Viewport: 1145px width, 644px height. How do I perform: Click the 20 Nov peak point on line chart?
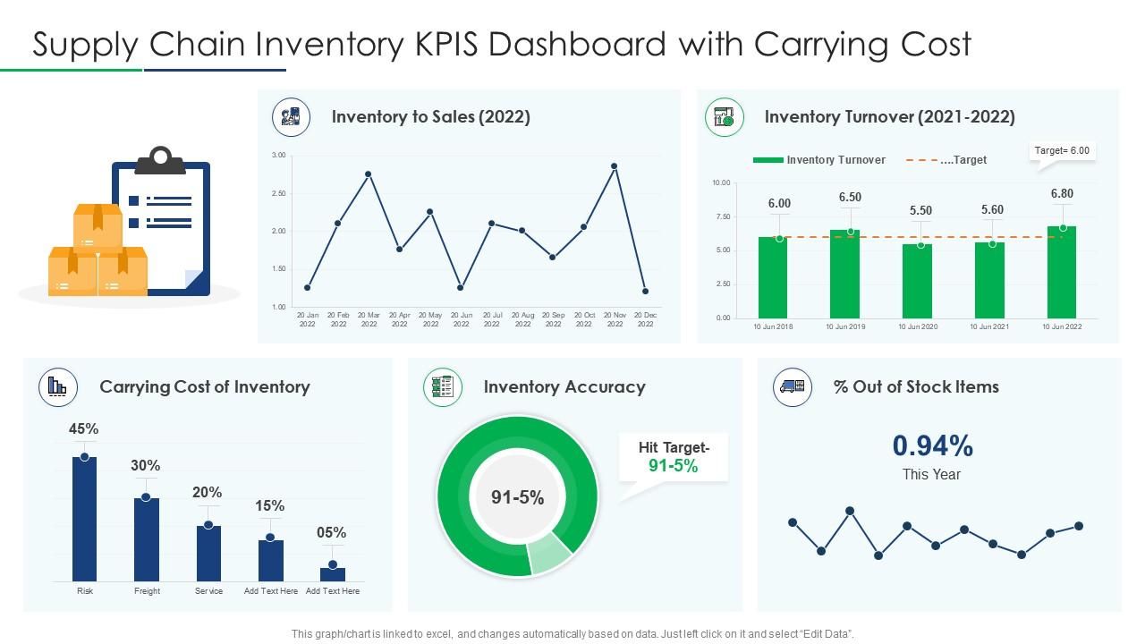pyautogui.click(x=614, y=166)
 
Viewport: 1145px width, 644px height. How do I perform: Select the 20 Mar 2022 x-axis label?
pyautogui.click(x=369, y=319)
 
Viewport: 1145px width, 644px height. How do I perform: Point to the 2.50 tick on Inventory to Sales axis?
pyautogui.click(x=278, y=193)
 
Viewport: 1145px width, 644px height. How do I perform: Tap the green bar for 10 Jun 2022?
pyautogui.click(x=1061, y=272)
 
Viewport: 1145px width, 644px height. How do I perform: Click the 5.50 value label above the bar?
pyautogui.click(x=920, y=211)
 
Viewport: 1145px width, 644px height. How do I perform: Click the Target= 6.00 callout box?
pyautogui.click(x=1062, y=151)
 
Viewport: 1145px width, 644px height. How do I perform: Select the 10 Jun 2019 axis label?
pyautogui.click(x=845, y=327)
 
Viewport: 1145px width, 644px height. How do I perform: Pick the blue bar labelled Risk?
pyautogui.click(x=85, y=519)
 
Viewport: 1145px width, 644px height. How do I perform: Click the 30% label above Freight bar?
pyautogui.click(x=146, y=465)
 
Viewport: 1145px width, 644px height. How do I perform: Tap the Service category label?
pyautogui.click(x=208, y=591)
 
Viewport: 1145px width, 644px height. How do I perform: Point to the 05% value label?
pyautogui.click(x=332, y=533)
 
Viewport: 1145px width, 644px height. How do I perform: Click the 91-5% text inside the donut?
pyautogui.click(x=518, y=498)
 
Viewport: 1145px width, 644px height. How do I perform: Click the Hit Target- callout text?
pyautogui.click(x=674, y=448)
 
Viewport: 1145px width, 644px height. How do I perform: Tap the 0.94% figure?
pyautogui.click(x=932, y=445)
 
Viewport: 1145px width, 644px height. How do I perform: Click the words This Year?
pyautogui.click(x=931, y=475)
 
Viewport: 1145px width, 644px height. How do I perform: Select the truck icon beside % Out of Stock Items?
pyautogui.click(x=792, y=386)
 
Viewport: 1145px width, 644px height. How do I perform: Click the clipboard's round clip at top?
pyautogui.click(x=161, y=158)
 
